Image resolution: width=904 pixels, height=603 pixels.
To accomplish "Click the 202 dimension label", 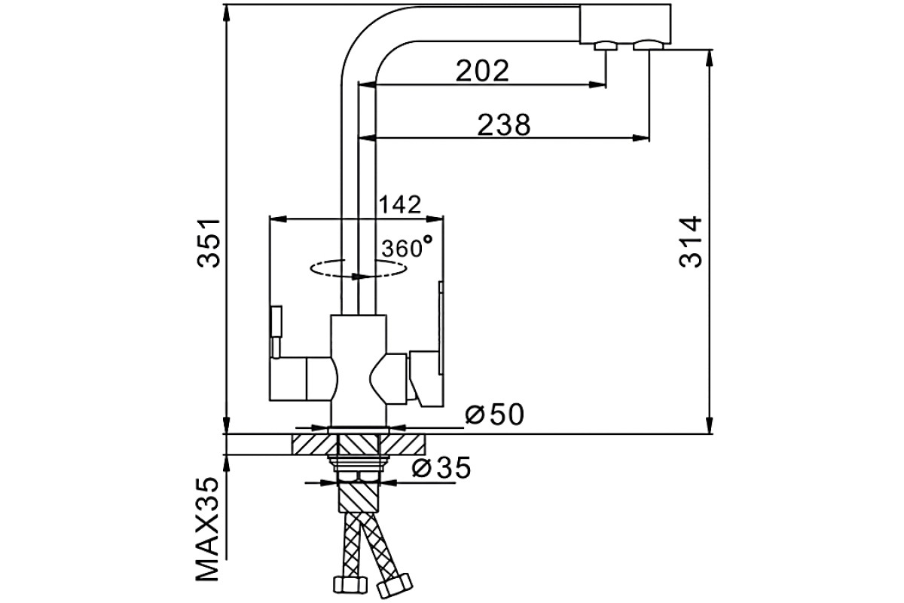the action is (482, 71).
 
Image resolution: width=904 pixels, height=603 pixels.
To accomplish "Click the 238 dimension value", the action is (504, 124).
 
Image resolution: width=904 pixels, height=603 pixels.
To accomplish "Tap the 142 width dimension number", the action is (399, 204).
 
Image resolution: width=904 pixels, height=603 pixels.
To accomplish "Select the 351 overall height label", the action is (209, 243).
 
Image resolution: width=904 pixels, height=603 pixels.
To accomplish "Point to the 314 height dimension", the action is (691, 242).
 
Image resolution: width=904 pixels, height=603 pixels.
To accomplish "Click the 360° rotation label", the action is (407, 246).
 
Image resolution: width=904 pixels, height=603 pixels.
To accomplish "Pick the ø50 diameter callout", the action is (495, 414).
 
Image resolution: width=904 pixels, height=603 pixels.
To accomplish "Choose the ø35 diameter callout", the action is (441, 467).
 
